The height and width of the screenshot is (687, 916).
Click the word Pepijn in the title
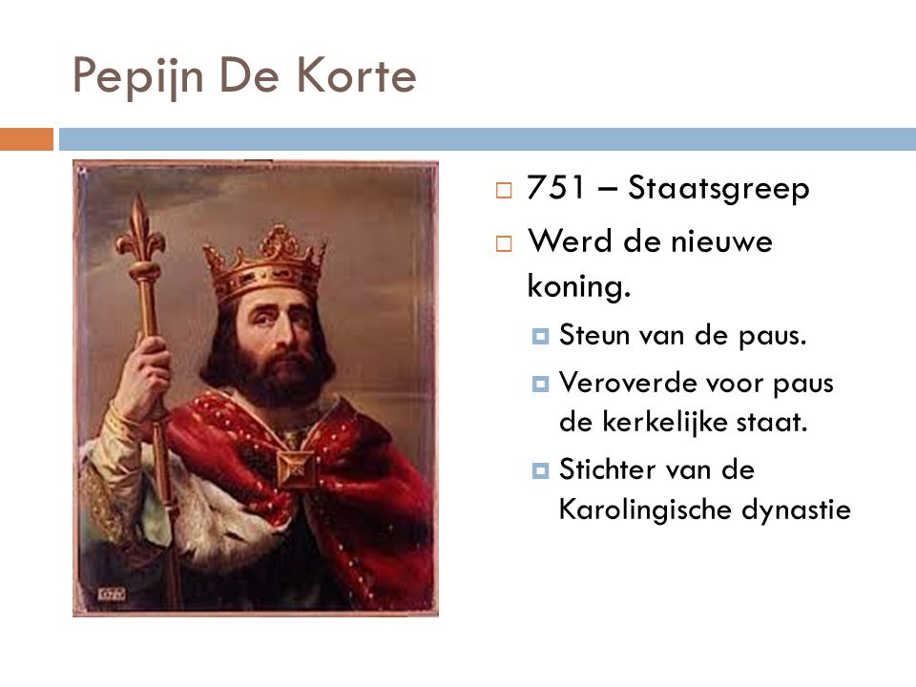pos(137,76)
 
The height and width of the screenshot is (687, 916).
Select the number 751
pos(555,188)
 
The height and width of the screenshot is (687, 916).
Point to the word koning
pos(579,287)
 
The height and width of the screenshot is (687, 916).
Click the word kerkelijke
pos(665,423)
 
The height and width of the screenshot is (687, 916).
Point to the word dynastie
pos(796,510)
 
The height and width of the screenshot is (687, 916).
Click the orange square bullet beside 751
pos(504,190)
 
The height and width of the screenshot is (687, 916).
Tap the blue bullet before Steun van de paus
pos(540,337)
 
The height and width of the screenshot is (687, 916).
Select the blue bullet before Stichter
pos(540,470)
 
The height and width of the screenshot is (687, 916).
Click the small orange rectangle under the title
pos(27,139)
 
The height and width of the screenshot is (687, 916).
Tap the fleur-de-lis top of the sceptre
pos(139,228)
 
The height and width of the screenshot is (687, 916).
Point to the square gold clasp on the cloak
pos(296,468)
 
